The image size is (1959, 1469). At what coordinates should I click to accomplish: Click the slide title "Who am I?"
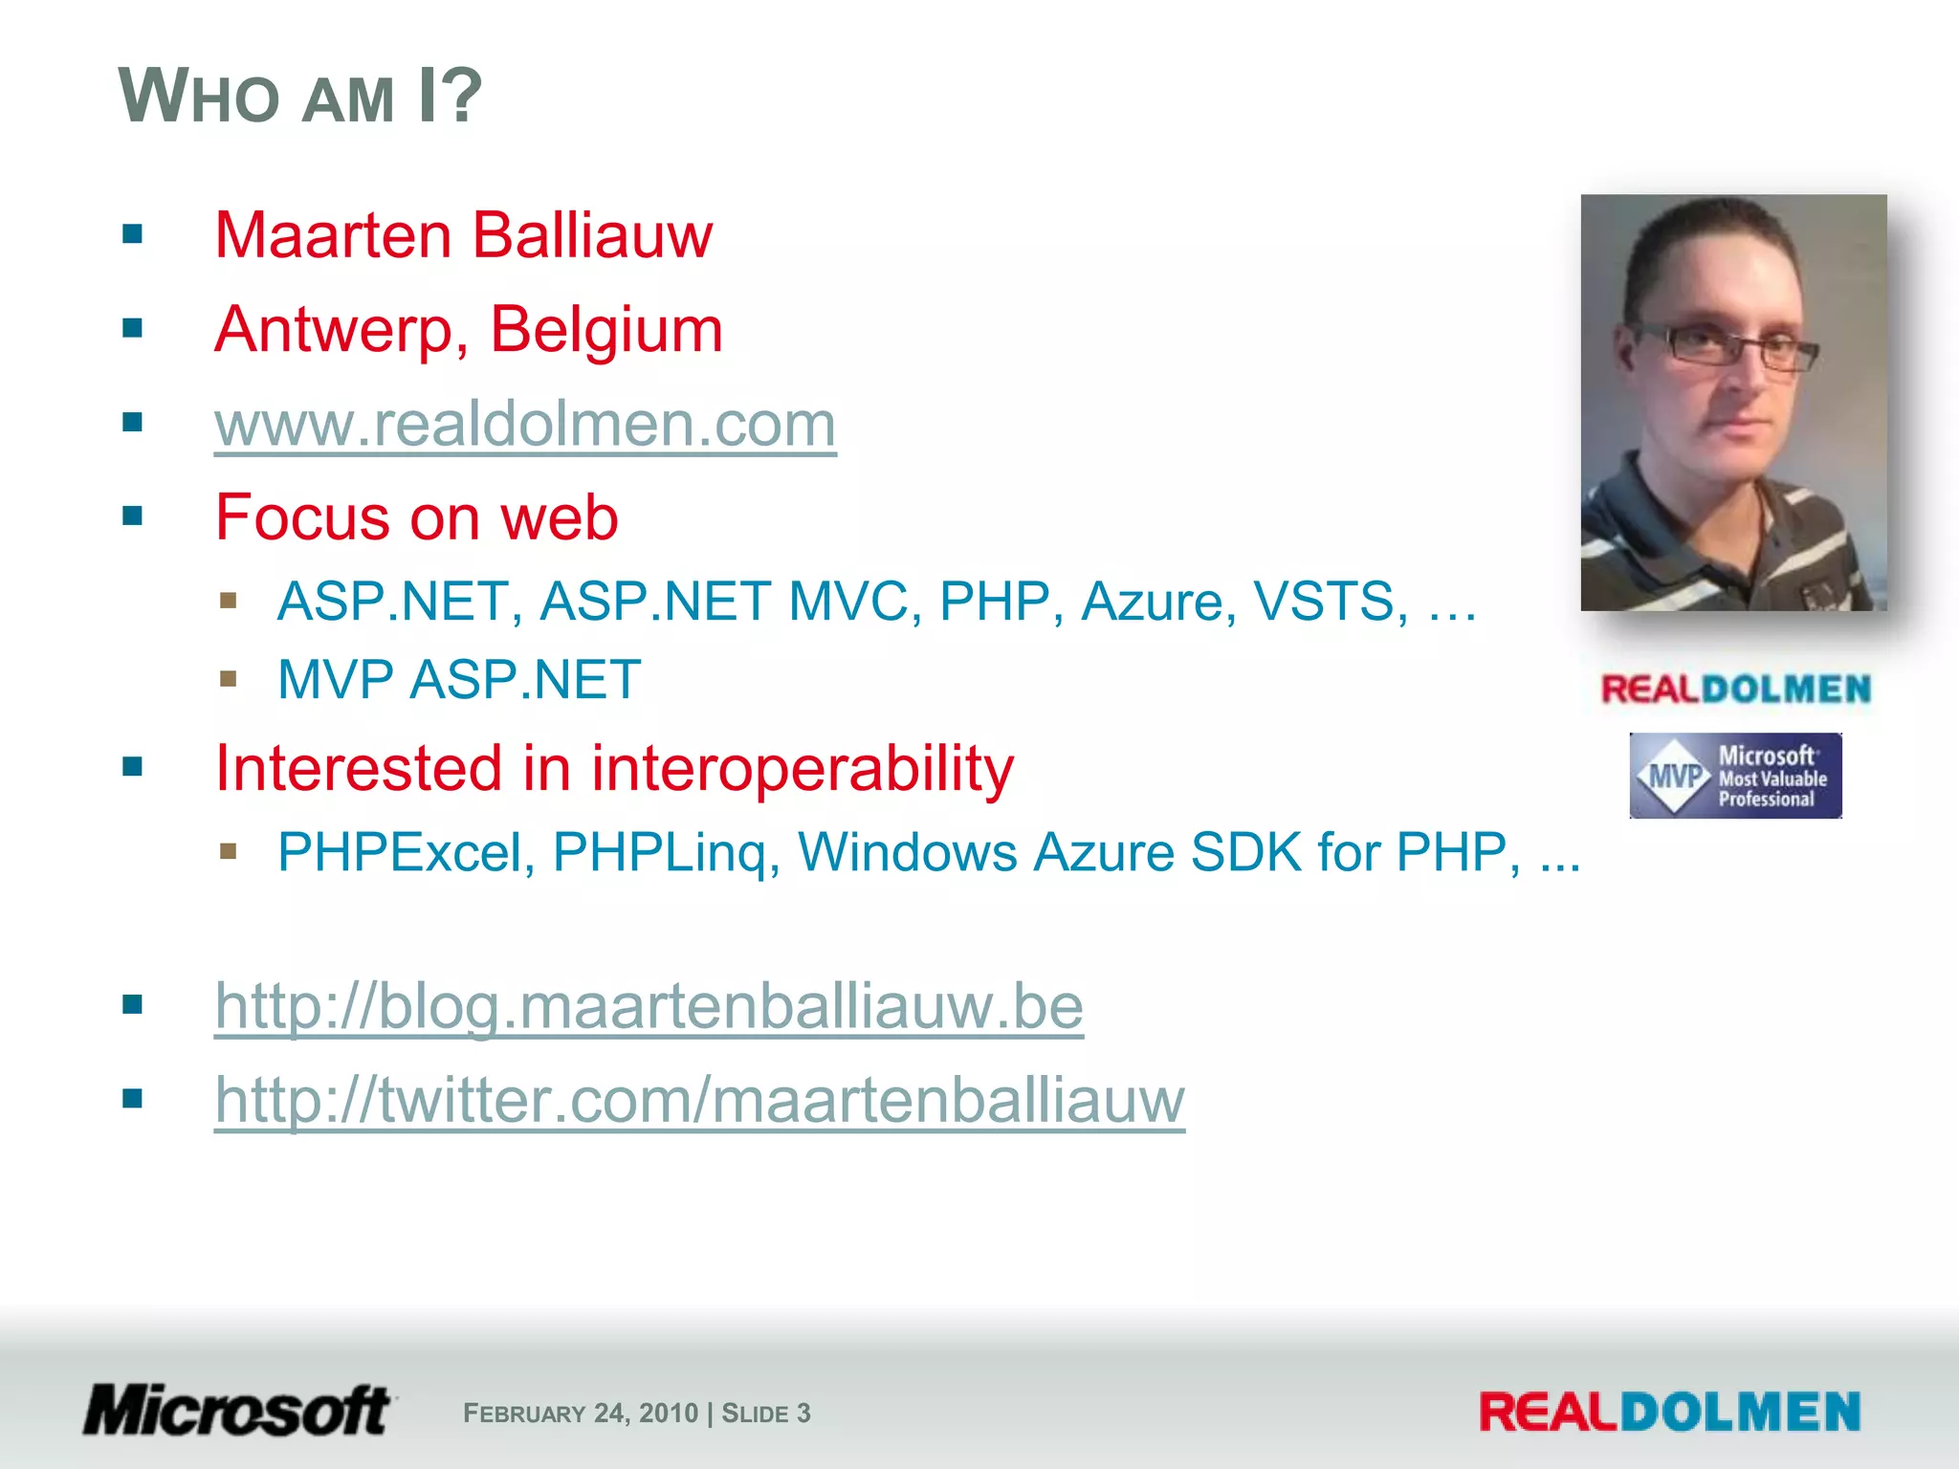[299, 96]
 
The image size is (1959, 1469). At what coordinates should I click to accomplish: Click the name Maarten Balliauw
[463, 235]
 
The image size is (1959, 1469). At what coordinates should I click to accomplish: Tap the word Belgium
[605, 330]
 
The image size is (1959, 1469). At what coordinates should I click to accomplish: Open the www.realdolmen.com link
[525, 424]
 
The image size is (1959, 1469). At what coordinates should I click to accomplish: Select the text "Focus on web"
[416, 517]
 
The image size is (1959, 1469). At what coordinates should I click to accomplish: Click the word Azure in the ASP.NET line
[1152, 602]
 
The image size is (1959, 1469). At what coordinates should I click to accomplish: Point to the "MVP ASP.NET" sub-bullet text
[458, 680]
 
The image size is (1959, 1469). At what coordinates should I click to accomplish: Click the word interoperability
[802, 769]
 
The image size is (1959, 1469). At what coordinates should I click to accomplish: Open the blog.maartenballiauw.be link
[649, 1006]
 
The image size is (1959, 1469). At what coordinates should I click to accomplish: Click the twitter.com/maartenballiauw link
[699, 1100]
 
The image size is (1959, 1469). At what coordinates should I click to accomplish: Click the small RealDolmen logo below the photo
[1735, 690]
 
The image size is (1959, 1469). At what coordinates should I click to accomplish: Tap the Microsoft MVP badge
[1735, 776]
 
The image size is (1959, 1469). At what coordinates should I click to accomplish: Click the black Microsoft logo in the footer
[237, 1411]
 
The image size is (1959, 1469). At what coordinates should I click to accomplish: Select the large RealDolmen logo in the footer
[1669, 1413]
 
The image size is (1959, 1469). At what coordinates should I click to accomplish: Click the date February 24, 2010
[581, 1414]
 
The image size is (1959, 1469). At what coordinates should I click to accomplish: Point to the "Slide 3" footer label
[766, 1414]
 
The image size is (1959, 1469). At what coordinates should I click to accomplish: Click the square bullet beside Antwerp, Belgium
[133, 329]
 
